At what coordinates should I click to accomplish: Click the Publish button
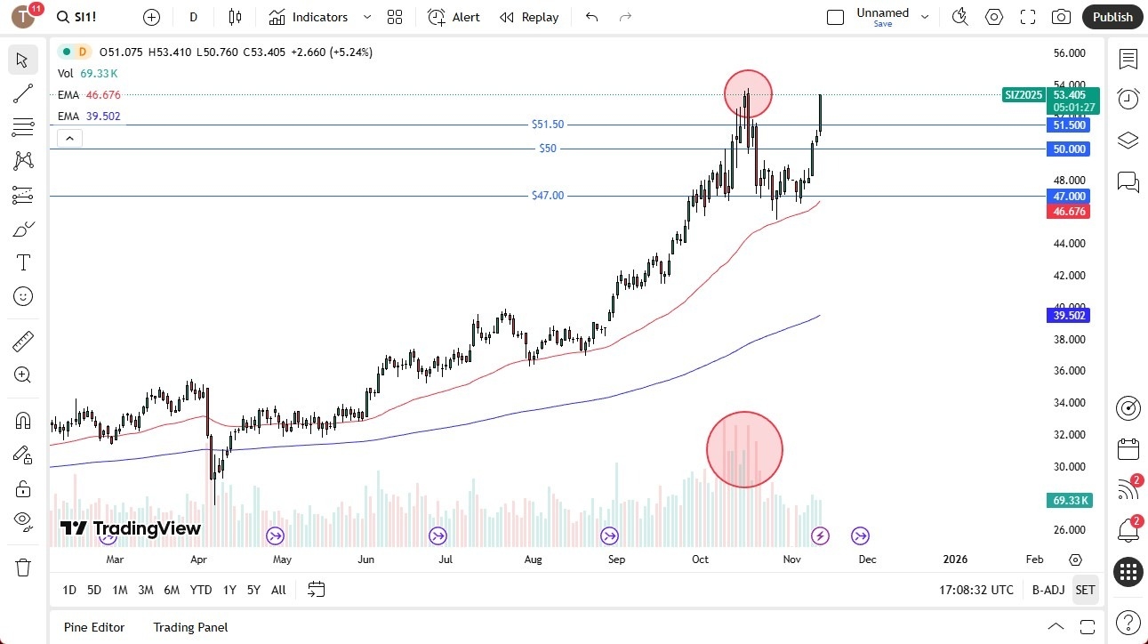pos(1112,17)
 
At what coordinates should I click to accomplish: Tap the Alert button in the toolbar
pos(454,17)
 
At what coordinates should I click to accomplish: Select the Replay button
pos(529,17)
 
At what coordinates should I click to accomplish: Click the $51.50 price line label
pos(548,125)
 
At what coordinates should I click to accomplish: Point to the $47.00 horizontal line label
pos(548,196)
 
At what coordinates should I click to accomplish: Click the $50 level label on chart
pos(548,149)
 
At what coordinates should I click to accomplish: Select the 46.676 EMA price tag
pos(1069,212)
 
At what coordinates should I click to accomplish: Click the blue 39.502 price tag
pos(1069,316)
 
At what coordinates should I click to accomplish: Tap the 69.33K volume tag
pos(1069,501)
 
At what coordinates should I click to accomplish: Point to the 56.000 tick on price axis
pos(1069,53)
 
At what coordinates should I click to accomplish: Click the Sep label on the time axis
pos(616,559)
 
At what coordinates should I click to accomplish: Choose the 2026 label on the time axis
pos(954,559)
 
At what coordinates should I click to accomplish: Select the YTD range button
pos(201,590)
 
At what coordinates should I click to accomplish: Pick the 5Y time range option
pos(253,590)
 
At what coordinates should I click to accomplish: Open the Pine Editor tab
pos(94,627)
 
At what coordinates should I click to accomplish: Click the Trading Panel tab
pos(190,627)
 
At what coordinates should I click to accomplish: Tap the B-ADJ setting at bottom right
pos(1048,590)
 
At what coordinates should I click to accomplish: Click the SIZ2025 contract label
pos(1024,95)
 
